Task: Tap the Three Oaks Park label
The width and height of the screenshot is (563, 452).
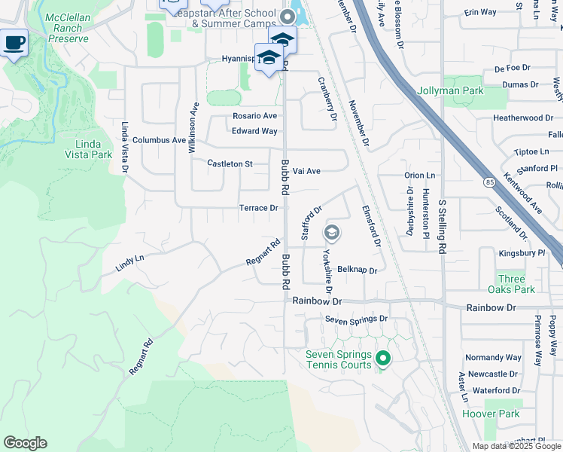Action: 516,284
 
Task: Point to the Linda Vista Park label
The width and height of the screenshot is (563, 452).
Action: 93,149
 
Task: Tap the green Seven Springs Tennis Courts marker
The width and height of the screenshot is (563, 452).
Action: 383,359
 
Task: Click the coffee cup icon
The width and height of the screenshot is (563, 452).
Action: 14,42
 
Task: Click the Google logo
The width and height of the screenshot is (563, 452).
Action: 25,443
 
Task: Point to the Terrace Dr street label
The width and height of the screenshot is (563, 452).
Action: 259,208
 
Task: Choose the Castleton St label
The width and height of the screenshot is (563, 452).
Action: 230,163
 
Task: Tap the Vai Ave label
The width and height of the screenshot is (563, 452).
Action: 307,171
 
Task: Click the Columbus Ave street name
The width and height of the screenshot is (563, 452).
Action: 159,140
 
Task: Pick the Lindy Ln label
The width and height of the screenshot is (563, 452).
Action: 129,262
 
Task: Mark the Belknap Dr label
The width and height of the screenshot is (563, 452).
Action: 357,269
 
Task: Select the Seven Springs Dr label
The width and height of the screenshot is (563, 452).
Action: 356,319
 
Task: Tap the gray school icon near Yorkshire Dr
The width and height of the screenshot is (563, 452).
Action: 332,233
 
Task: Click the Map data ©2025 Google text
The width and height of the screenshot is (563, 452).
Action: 516,446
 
